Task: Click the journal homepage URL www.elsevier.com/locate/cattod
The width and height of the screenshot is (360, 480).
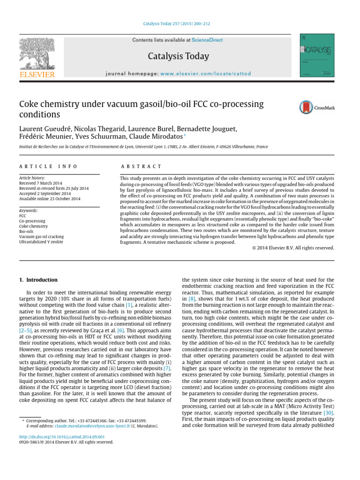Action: (205, 74)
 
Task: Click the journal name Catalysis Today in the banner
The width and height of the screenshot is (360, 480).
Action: (178, 56)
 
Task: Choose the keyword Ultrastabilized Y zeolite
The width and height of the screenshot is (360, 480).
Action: (41, 242)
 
